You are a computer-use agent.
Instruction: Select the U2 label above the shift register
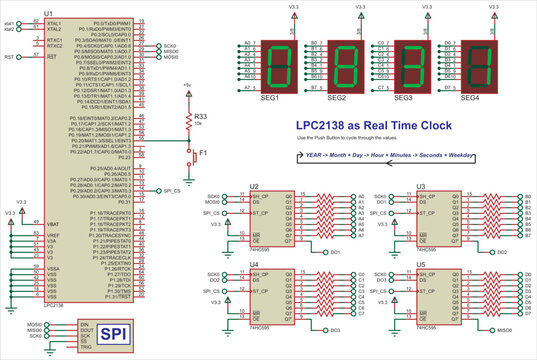[254, 186]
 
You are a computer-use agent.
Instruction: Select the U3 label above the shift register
[420, 186]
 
